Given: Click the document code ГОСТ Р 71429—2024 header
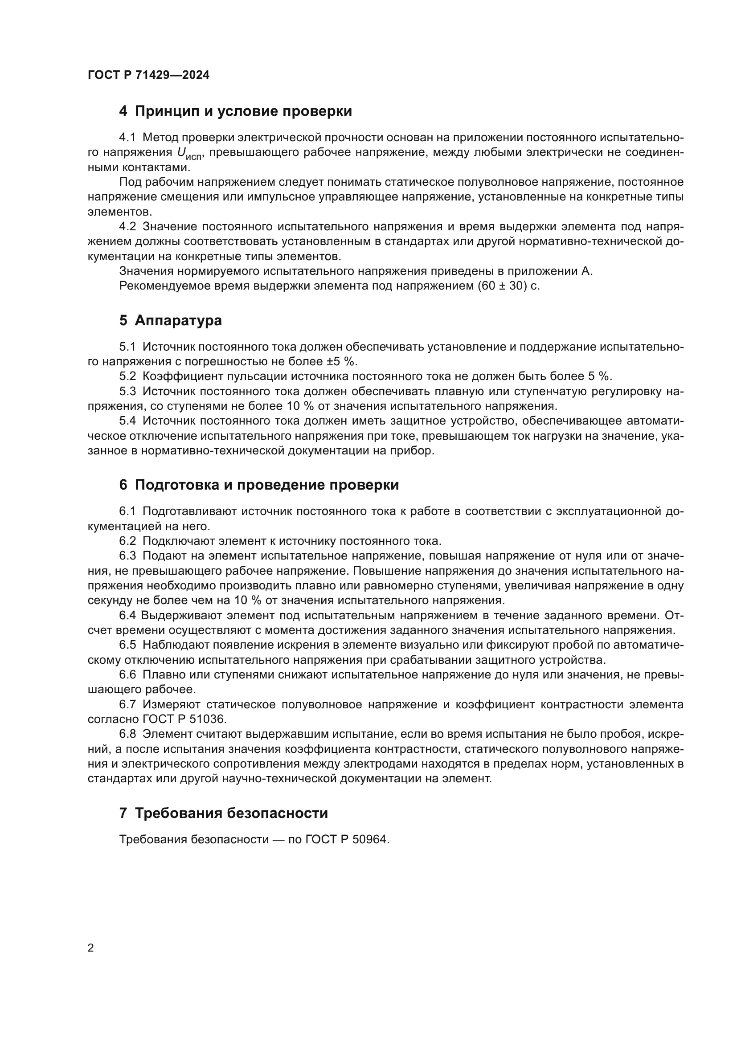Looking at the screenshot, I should [x=148, y=75].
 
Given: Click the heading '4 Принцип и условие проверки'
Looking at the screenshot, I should [x=235, y=111].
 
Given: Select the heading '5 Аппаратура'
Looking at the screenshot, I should [x=170, y=320].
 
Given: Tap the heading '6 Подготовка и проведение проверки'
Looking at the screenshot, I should [x=259, y=485].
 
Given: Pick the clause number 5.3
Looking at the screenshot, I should [x=127, y=391].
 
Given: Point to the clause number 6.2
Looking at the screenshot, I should [x=127, y=541].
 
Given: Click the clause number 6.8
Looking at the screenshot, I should [x=127, y=734].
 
